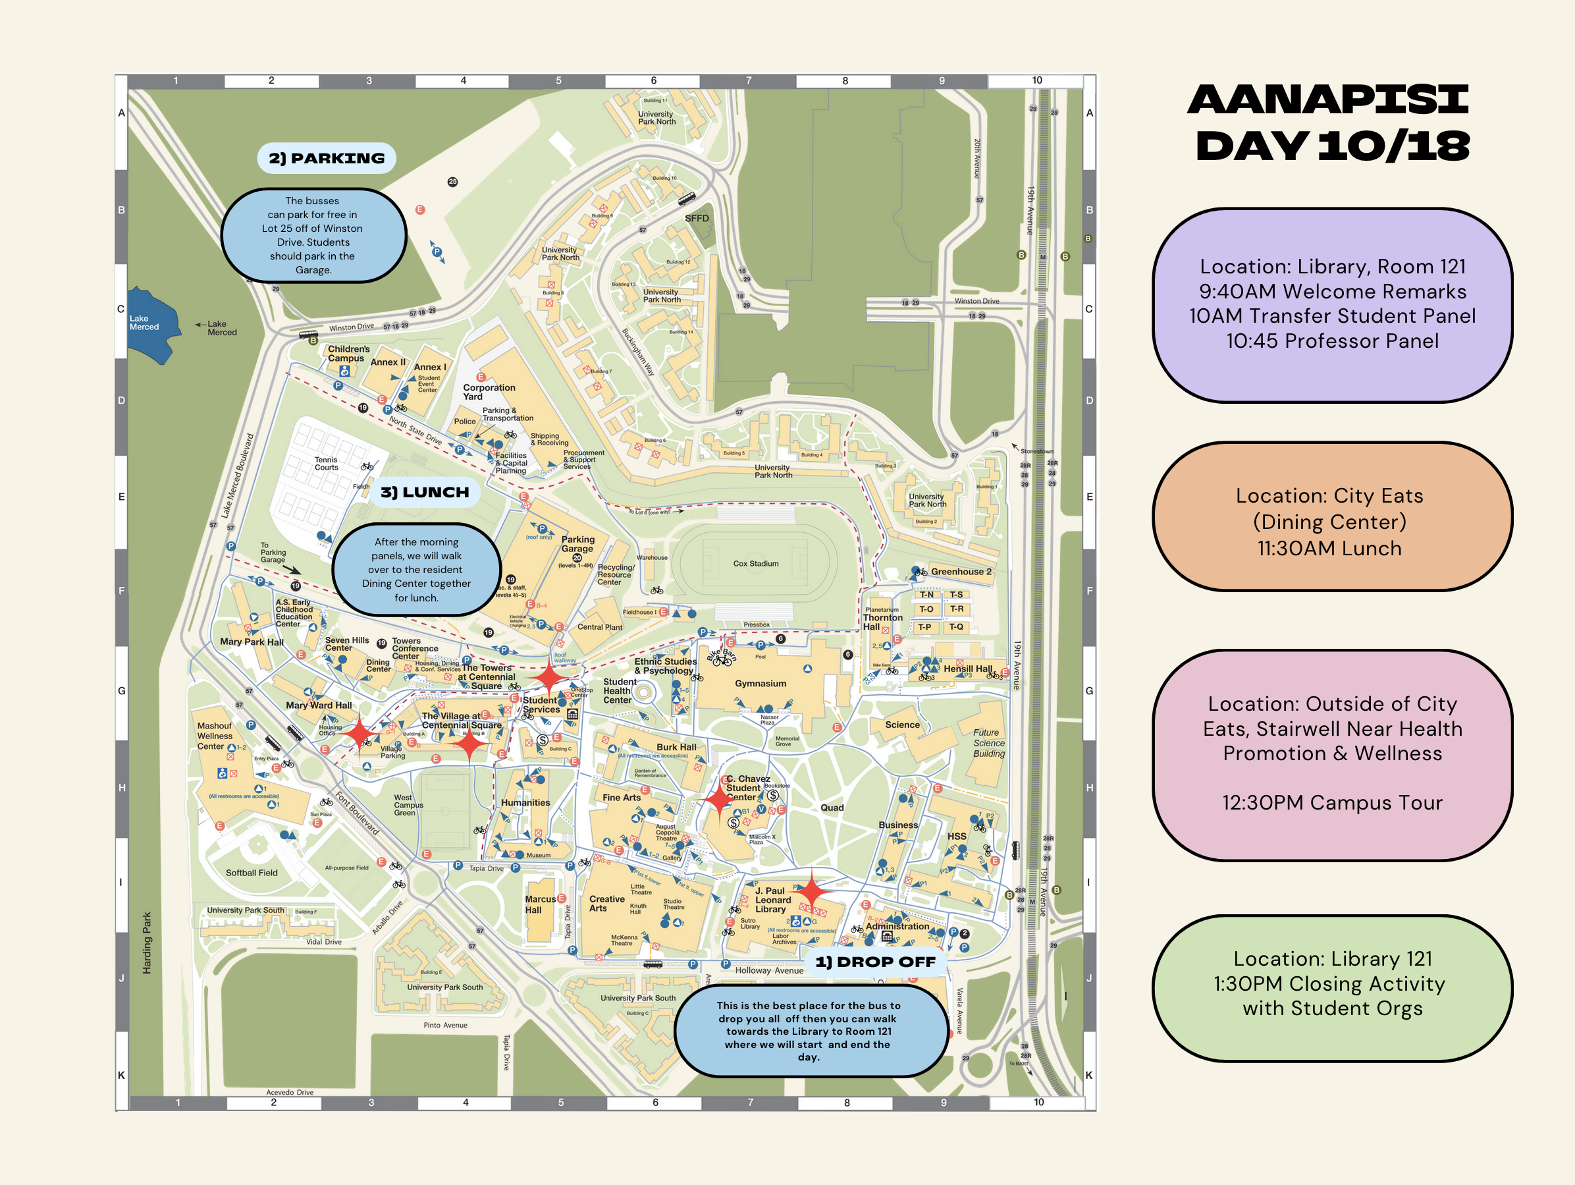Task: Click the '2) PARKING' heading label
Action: pos(326,158)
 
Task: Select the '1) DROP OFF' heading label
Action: pos(875,962)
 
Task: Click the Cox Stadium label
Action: pos(755,563)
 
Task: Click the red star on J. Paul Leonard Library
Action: pos(812,891)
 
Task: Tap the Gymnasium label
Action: pos(761,684)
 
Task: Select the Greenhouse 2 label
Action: pos(961,572)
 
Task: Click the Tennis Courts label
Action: pos(326,464)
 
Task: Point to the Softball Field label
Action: pos(252,873)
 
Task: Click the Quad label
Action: pos(832,808)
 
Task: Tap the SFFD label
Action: pos(697,219)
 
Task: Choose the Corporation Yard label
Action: pos(489,392)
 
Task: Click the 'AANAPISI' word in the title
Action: pos(1329,99)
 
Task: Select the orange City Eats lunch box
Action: pos(1331,517)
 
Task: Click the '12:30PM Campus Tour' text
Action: pos(1331,802)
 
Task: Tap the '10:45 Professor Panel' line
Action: pos(1331,341)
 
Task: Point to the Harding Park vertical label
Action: pos(147,943)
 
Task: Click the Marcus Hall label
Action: pos(540,904)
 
